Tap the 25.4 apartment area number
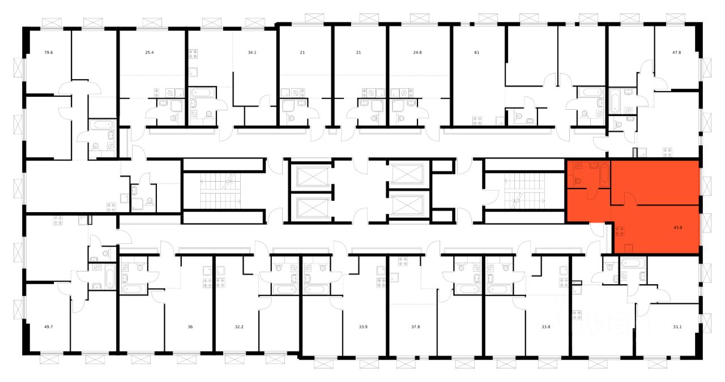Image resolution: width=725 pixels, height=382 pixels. tap(149, 53)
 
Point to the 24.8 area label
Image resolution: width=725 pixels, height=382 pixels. tap(417, 53)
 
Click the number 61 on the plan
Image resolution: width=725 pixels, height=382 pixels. tap(477, 53)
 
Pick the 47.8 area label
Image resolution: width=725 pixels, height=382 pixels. tap(676, 53)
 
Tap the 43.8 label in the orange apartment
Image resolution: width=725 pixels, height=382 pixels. tap(678, 229)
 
